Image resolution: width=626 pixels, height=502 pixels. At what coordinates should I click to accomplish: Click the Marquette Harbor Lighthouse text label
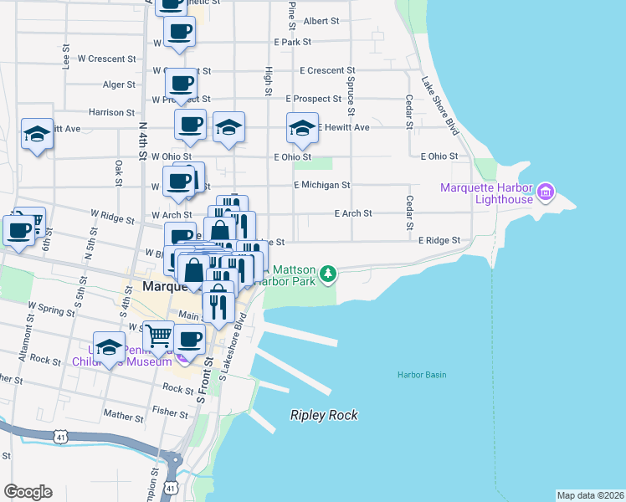point(489,193)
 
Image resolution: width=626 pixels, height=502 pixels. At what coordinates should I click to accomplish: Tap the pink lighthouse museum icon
point(546,193)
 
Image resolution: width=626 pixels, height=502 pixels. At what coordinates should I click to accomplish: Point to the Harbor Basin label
point(421,374)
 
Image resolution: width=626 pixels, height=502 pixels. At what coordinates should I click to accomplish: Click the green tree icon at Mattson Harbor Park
point(330,272)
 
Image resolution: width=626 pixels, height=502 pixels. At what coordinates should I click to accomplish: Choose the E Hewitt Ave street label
point(343,127)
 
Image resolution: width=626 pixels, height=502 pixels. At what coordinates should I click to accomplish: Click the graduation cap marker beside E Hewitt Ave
point(302,128)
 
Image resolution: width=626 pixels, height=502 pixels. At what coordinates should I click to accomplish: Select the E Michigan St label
point(321,184)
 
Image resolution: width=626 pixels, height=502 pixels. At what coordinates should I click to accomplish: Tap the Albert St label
point(321,21)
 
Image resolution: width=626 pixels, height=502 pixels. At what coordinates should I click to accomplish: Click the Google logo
point(28,491)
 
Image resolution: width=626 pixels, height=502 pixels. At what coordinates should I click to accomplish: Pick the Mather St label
point(119,413)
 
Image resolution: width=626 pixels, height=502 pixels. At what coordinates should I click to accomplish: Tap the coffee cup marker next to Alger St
point(182,84)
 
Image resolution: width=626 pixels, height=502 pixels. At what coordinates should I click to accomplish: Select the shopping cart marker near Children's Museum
point(157,337)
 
